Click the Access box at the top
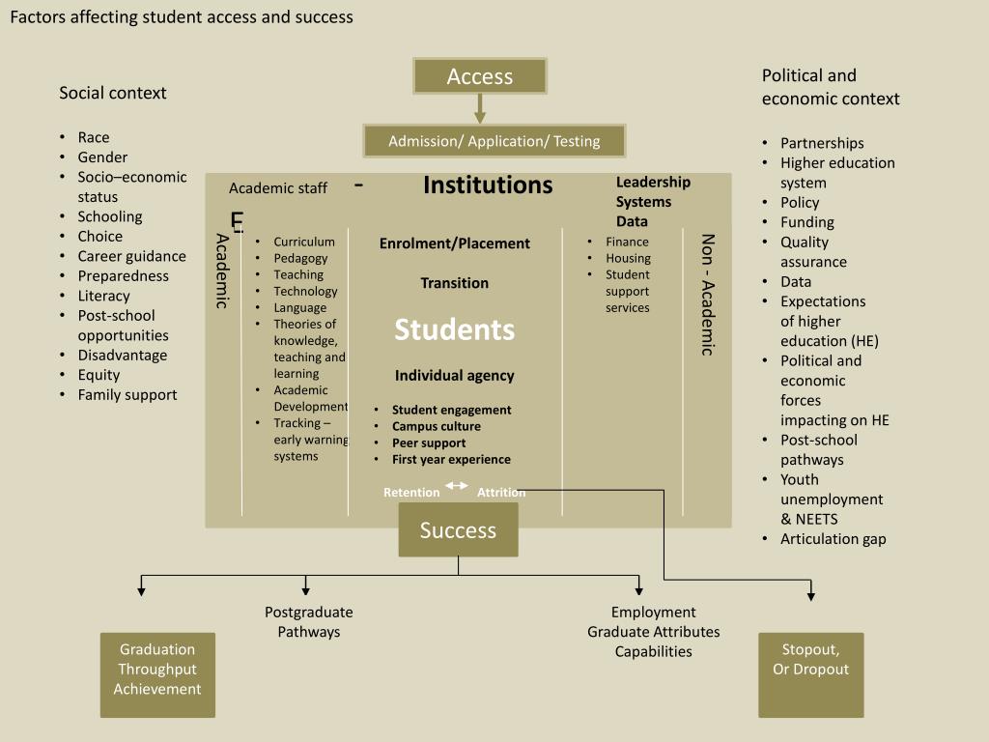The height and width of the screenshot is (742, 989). click(480, 76)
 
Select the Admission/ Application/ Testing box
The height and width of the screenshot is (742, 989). click(494, 141)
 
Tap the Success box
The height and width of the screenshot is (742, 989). click(458, 530)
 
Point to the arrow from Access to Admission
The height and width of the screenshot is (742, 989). click(480, 108)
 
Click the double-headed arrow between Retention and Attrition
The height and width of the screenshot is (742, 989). click(457, 486)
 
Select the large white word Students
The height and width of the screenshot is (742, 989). click(454, 329)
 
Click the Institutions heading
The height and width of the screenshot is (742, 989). click(488, 185)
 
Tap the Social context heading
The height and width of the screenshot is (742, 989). click(113, 93)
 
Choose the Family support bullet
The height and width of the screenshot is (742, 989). click(127, 394)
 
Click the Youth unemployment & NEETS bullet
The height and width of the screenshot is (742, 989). click(832, 499)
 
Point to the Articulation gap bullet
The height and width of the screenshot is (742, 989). click(833, 539)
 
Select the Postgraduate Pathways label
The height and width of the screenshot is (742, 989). click(309, 622)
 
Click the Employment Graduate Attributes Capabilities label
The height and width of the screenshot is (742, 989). click(654, 632)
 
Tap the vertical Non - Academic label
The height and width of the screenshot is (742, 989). click(707, 295)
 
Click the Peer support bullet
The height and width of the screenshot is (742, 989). click(429, 442)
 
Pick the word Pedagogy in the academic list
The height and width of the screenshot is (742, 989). click(300, 258)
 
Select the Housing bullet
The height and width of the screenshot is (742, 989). click(628, 258)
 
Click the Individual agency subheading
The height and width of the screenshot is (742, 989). click(454, 376)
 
